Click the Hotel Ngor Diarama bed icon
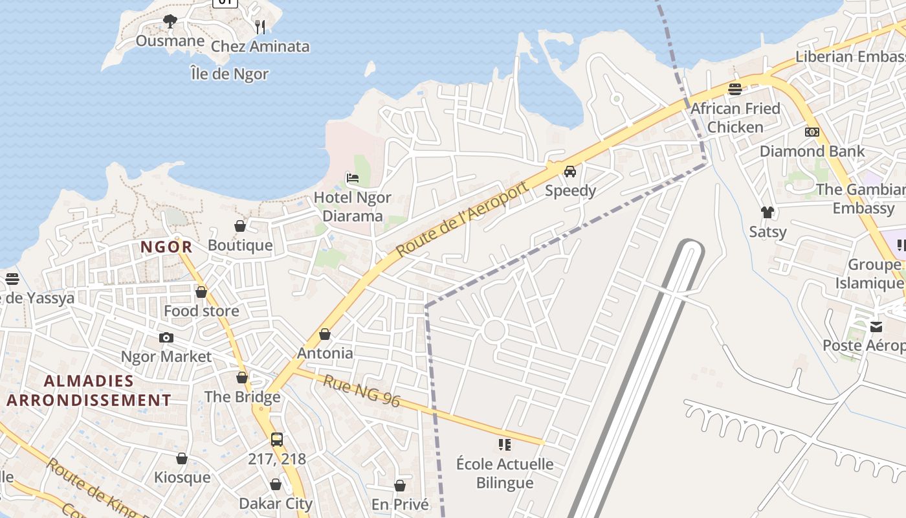point(353,178)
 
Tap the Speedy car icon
point(570,172)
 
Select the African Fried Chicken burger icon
point(735,89)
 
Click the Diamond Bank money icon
point(812,132)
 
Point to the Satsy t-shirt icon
point(768,212)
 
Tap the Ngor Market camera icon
point(166,337)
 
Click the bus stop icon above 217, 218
point(277,440)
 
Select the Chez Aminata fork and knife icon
point(260,27)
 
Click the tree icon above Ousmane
point(170,21)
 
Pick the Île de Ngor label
point(229,74)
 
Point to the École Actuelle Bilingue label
point(505,473)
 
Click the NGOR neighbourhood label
point(166,247)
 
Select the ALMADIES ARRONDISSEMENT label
point(89,390)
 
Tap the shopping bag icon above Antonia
point(325,334)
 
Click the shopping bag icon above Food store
point(201,292)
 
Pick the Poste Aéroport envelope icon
point(876,326)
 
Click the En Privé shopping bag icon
point(400,486)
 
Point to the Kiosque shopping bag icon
point(182,458)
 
